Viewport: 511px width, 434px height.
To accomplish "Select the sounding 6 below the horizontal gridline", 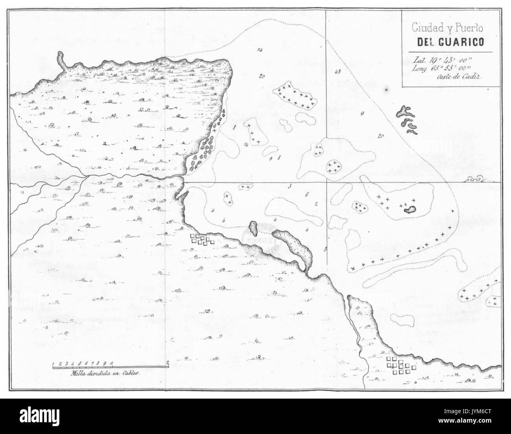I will click(306, 195).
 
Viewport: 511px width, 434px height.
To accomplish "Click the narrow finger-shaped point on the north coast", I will click(61, 61).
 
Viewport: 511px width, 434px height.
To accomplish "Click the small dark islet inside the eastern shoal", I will click(411, 209).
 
